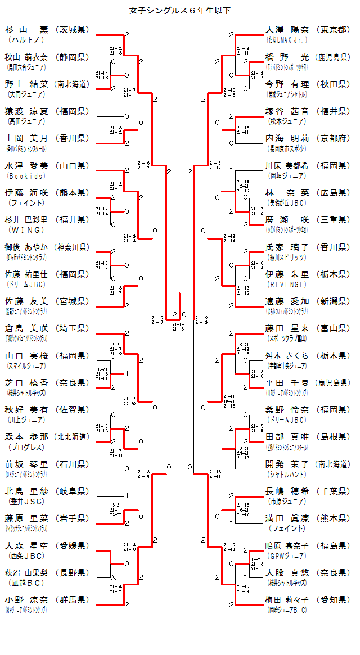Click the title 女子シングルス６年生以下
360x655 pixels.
(x=179, y=10)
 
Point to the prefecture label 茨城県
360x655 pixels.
(x=73, y=30)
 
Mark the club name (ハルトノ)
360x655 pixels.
(x=26, y=40)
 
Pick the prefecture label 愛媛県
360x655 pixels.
(x=73, y=545)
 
